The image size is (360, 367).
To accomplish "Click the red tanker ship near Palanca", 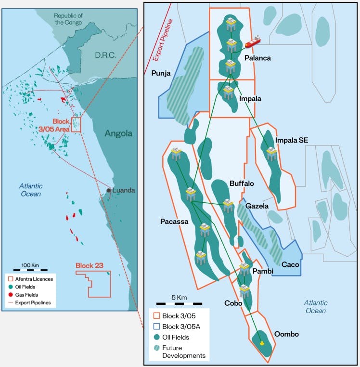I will pos(252,42).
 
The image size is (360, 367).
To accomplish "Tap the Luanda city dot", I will pos(109,191).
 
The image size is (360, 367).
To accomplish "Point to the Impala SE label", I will pos(292,140).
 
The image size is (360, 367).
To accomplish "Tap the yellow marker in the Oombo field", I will pos(261,342).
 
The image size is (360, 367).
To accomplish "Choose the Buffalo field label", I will pos(242,183).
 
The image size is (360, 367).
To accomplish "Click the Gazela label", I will pos(257,206).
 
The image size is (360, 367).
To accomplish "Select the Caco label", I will pos(291,264).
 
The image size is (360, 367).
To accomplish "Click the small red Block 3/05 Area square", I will pos(76,124).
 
